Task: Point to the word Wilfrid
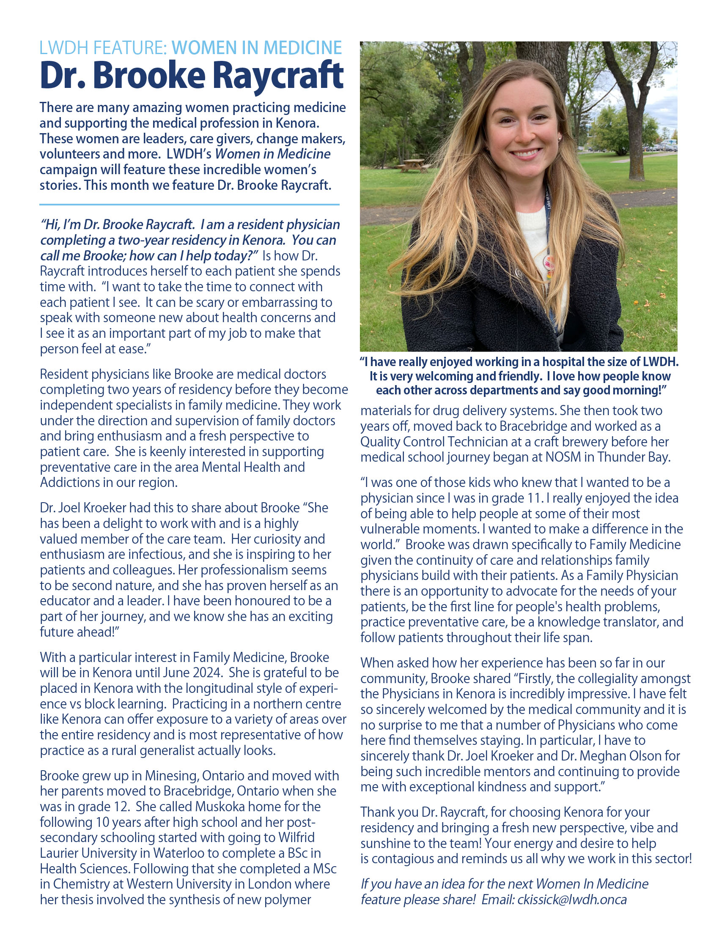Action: tap(296, 837)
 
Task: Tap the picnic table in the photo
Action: tap(412, 165)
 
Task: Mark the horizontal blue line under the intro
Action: tap(189, 205)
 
